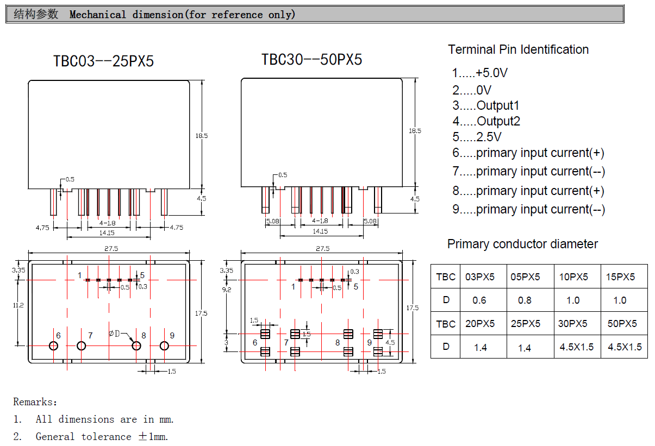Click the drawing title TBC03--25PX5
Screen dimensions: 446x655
pyautogui.click(x=103, y=61)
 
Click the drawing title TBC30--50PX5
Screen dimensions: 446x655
pyautogui.click(x=311, y=59)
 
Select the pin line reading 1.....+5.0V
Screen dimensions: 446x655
pyautogui.click(x=479, y=73)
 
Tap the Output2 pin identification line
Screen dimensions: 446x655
pyautogui.click(x=486, y=121)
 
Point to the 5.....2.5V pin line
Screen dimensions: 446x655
pyautogui.click(x=477, y=137)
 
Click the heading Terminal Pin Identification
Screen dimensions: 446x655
pyautogui.click(x=518, y=49)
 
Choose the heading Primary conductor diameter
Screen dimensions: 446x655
pyautogui.click(x=522, y=244)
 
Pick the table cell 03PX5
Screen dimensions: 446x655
pyautogui.click(x=480, y=277)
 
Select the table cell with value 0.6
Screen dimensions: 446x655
pyautogui.click(x=479, y=300)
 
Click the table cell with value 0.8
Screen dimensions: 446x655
pyautogui.click(x=525, y=300)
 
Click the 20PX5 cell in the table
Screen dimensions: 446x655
pyautogui.click(x=480, y=324)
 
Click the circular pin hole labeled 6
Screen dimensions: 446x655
pyautogui.click(x=53, y=346)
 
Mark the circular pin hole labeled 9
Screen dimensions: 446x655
pyautogui.click(x=164, y=346)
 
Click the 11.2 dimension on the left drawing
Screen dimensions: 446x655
pyautogui.click(x=18, y=305)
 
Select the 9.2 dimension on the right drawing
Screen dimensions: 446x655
pyautogui.click(x=227, y=290)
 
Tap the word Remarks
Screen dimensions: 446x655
pyautogui.click(x=35, y=403)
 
